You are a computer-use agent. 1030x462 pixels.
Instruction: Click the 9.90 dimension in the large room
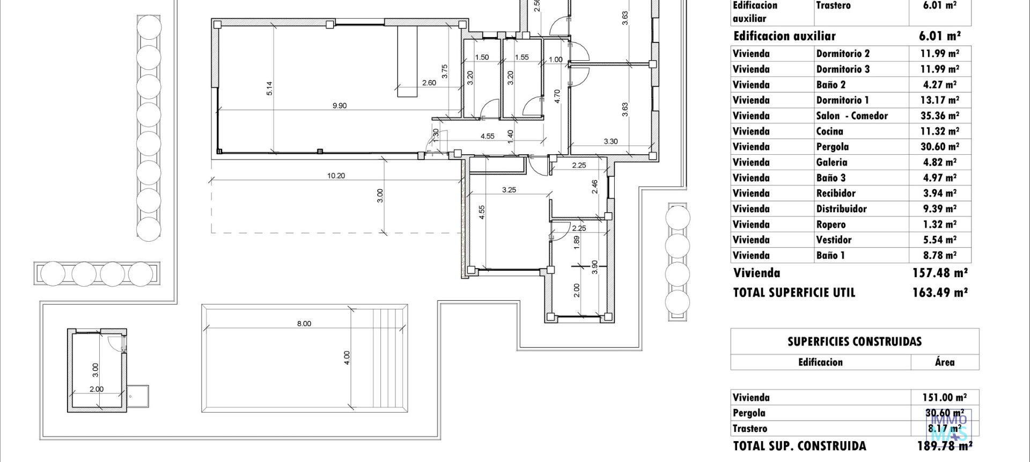[x=340, y=106]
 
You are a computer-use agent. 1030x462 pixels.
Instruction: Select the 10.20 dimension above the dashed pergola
[x=336, y=176]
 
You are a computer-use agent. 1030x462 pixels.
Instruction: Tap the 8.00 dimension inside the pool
[x=304, y=323]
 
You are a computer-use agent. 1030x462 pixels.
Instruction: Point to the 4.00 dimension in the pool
[x=347, y=358]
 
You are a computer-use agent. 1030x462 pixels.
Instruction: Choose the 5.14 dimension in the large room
[x=269, y=89]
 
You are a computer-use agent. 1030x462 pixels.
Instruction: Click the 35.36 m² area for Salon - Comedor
[x=939, y=115]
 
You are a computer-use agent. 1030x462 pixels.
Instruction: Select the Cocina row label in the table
[x=829, y=131]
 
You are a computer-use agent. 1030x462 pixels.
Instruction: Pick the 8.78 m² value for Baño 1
[x=939, y=255]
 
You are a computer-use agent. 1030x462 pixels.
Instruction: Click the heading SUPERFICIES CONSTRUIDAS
[x=854, y=342]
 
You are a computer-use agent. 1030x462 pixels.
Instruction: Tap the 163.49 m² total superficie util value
[x=940, y=293]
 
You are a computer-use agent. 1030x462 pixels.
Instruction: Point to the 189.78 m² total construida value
[x=944, y=446]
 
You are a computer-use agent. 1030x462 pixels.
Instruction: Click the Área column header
[x=945, y=362]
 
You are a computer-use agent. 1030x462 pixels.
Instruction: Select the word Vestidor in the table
[x=834, y=240]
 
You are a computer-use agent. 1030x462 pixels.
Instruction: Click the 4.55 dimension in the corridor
[x=487, y=136]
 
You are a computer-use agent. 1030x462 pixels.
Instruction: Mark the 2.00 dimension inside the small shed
[x=97, y=389]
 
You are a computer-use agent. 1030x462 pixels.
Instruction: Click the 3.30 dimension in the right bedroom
[x=610, y=142]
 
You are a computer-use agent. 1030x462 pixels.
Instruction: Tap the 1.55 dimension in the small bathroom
[x=521, y=57]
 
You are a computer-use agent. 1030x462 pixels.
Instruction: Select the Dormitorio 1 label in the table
[x=842, y=100]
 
